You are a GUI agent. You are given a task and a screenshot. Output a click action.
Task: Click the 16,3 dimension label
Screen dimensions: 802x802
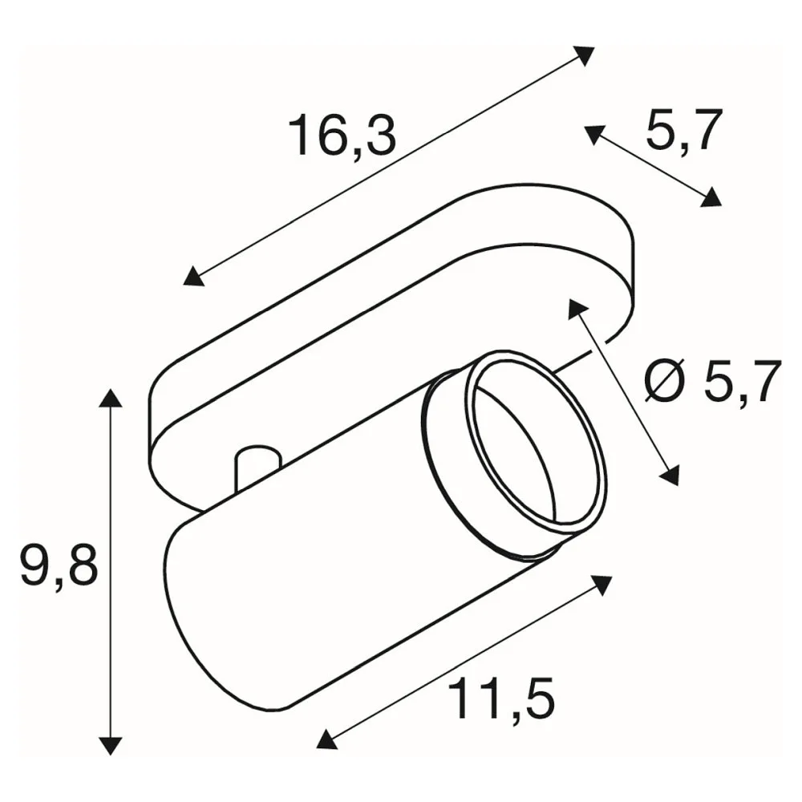point(342,135)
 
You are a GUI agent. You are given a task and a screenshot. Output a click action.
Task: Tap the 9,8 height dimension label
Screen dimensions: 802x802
point(59,565)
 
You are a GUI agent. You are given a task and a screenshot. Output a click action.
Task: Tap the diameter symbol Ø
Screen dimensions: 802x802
point(664,380)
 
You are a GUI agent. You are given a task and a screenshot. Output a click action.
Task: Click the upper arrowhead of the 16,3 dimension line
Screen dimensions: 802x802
point(583,55)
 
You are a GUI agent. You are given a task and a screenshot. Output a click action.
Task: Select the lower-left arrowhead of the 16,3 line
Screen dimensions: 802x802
point(194,276)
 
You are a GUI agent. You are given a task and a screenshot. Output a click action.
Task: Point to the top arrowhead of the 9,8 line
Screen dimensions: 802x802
point(110,398)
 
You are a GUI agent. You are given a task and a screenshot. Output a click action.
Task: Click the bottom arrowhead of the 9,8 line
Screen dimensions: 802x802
point(110,746)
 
